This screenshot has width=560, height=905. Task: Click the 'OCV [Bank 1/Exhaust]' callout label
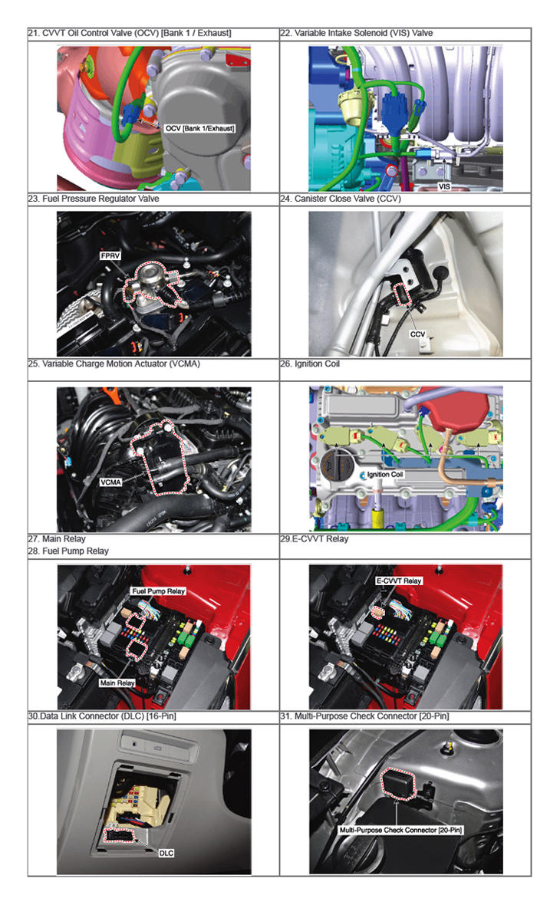tap(199, 128)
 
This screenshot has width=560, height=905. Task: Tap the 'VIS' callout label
tap(444, 186)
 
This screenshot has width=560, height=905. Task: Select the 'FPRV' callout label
tap(110, 255)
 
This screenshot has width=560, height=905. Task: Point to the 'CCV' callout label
tap(417, 334)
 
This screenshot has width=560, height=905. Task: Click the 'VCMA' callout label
tap(110, 482)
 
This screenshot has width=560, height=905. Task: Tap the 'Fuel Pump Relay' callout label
tap(158, 591)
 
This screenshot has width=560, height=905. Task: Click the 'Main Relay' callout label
tap(117, 683)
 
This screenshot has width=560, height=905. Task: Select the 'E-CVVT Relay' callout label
tap(399, 581)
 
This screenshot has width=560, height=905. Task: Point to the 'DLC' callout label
tap(166, 853)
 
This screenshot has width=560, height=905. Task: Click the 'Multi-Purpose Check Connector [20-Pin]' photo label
tap(400, 830)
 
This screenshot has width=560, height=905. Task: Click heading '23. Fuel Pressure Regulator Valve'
tap(94, 199)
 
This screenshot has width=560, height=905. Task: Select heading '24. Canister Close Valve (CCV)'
tap(341, 199)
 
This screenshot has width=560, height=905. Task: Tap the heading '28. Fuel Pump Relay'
tap(68, 551)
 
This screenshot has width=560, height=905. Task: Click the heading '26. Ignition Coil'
tap(310, 364)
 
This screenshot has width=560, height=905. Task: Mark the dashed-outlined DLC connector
tap(119, 835)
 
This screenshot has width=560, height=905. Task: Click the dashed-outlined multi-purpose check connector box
tap(398, 784)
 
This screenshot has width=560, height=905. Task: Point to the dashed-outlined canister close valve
tap(402, 293)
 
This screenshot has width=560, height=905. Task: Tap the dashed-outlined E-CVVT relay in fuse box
tap(377, 612)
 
